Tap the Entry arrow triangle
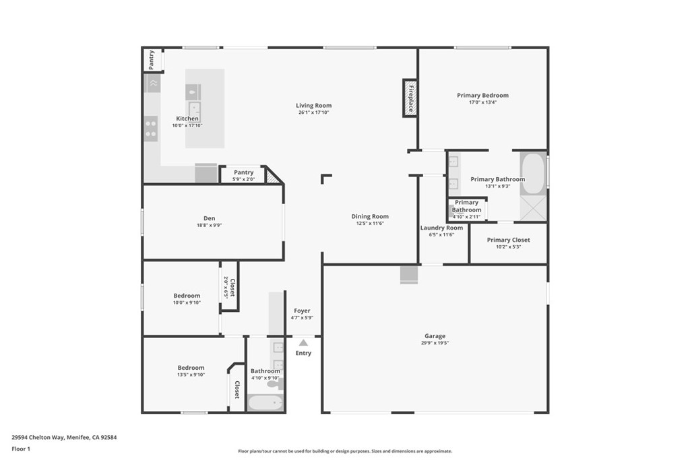coord(303,343)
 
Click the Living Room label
coord(314,105)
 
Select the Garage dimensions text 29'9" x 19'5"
coord(435,343)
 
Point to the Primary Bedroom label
coord(482,96)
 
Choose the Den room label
coord(210,218)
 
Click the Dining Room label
coord(370,216)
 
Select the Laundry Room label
coord(441,228)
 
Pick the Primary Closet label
coord(508,240)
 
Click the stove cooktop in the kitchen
coord(151,129)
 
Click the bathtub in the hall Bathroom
coord(265,402)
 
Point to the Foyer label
coord(302,311)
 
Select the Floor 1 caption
coord(21,449)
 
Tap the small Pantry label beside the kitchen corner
coord(152,59)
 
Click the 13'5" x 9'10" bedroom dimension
coord(191,375)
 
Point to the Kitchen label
coord(187,119)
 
